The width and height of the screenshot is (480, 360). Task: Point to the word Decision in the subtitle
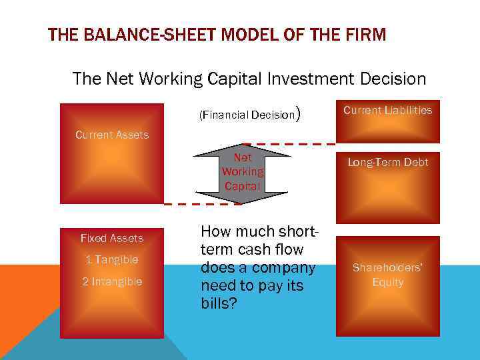click(x=391, y=79)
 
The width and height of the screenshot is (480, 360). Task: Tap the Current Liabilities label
click(x=387, y=110)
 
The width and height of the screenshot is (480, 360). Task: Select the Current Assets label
click(x=112, y=135)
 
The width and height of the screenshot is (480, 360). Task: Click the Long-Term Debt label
click(x=387, y=162)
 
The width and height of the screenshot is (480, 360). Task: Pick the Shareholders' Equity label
click(x=387, y=275)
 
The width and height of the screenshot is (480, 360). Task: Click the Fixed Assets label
click(x=112, y=238)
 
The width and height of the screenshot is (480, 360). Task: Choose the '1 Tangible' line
click(x=112, y=259)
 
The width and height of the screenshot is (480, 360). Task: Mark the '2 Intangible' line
click(x=112, y=281)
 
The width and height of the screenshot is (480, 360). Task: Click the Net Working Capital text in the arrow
click(x=243, y=172)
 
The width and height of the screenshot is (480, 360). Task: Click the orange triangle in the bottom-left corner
click(x=17, y=307)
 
